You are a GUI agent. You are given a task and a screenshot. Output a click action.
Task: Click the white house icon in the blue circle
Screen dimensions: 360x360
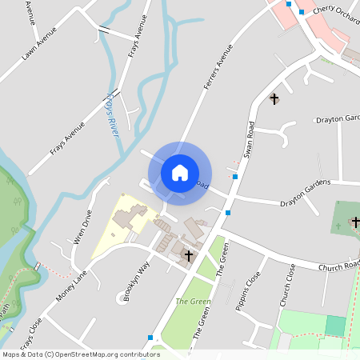click(180, 172)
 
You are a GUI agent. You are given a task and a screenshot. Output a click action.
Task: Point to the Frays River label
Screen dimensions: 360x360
click(113, 114)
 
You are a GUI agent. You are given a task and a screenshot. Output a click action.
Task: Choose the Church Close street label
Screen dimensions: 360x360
click(286, 285)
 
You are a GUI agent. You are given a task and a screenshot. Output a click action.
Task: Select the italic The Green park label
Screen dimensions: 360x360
click(190, 302)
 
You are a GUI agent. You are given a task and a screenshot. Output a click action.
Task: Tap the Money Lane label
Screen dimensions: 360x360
click(72, 286)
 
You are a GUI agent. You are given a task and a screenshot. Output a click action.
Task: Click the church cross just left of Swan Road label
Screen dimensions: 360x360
click(274, 99)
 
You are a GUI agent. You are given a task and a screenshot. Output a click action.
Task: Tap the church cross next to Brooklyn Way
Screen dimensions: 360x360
click(189, 256)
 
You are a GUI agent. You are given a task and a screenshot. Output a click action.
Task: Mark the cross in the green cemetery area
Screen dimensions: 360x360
click(354, 222)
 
